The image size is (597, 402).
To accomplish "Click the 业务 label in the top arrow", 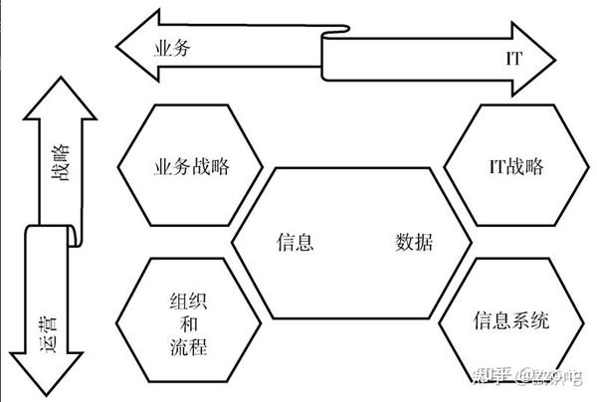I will pyautogui.click(x=172, y=47).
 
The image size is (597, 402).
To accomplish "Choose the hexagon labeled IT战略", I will pyautogui.click(x=508, y=165).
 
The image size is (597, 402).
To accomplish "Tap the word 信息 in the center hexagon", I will pyautogui.click(x=297, y=242).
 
